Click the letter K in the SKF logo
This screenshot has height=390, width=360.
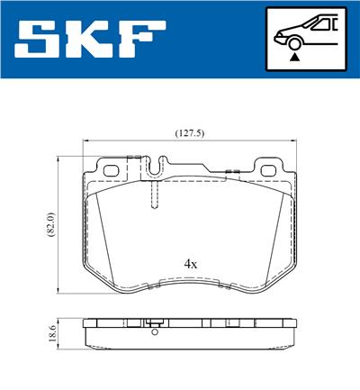tap(94, 39)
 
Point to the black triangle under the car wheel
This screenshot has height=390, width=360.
tap(293, 56)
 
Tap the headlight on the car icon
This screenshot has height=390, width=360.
tap(281, 33)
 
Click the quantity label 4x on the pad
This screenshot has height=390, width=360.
tap(190, 264)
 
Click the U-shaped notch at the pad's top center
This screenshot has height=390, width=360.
tap(156, 166)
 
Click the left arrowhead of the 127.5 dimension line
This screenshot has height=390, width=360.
tap(85, 141)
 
